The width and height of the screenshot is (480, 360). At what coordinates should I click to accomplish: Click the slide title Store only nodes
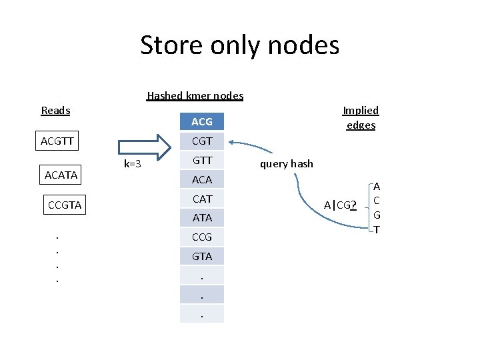[x=239, y=45]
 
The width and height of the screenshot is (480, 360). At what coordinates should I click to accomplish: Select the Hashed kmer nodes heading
[x=195, y=95]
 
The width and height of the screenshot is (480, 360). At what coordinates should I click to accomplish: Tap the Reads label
[x=55, y=110]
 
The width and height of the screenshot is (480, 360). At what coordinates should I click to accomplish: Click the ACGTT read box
[x=57, y=141]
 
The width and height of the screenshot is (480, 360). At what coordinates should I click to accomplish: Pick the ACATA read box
[x=61, y=175]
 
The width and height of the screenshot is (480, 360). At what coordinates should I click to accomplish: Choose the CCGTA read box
[x=65, y=205]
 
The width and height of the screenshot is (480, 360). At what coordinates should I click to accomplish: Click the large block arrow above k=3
[x=145, y=147]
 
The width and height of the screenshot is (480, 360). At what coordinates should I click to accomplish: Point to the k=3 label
[x=133, y=164]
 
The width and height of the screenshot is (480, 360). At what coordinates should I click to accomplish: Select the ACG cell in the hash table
[x=202, y=121]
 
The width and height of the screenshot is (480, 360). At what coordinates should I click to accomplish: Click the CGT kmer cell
[x=202, y=141]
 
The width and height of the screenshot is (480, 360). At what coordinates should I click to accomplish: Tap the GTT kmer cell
[x=202, y=160]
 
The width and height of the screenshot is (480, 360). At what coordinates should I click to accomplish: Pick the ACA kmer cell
[x=202, y=179]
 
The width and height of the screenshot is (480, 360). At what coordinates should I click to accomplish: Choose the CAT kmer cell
[x=202, y=199]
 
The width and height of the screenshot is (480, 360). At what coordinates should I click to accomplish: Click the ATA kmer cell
[x=202, y=217]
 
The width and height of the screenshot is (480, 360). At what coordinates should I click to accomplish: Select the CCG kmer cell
[x=202, y=237]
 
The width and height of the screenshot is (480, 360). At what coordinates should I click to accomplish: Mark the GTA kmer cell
[x=202, y=256]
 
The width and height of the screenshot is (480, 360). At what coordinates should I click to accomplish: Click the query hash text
[x=286, y=164]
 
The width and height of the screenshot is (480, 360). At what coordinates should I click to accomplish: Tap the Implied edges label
[x=360, y=117]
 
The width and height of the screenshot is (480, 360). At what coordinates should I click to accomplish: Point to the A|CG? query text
[x=340, y=205]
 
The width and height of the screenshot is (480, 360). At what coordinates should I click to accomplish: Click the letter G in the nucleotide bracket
[x=377, y=215]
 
